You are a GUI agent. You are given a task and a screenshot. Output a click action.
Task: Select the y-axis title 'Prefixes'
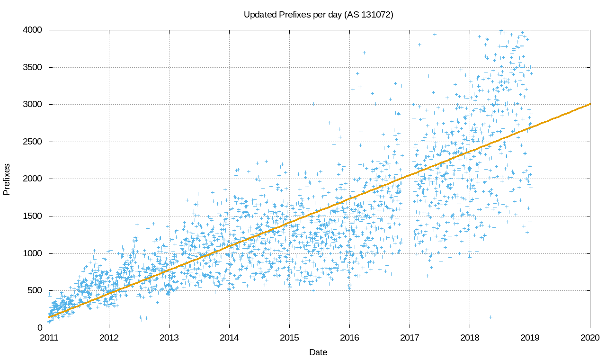pyautogui.click(x=7, y=179)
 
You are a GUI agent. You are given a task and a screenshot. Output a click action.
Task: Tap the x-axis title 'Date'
pyautogui.click(x=318, y=352)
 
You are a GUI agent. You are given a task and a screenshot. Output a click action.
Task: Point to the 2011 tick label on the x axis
pyautogui.click(x=49, y=338)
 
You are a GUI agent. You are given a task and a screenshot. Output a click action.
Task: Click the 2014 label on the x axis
pyautogui.click(x=229, y=338)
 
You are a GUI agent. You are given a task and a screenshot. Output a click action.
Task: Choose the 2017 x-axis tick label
pyautogui.click(x=410, y=338)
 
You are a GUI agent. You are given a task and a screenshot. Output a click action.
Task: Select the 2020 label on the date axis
pyautogui.click(x=590, y=338)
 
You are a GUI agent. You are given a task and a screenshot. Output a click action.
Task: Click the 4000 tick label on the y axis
pyautogui.click(x=33, y=30)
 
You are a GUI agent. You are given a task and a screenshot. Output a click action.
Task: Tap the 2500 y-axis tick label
pyautogui.click(x=33, y=142)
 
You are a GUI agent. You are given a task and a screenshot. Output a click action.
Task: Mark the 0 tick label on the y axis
pyautogui.click(x=40, y=328)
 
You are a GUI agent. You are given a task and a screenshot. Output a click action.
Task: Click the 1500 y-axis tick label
pyautogui.click(x=33, y=216)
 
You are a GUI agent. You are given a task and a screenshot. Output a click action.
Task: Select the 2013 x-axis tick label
pyautogui.click(x=169, y=338)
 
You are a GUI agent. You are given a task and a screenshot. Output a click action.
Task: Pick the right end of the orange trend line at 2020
pyautogui.click(x=589, y=104)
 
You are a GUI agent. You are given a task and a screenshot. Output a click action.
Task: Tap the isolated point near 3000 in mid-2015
pyautogui.click(x=313, y=104)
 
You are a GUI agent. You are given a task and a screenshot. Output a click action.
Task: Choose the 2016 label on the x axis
pyautogui.click(x=349, y=338)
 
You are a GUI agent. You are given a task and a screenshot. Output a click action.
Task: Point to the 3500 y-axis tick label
pyautogui.click(x=33, y=67)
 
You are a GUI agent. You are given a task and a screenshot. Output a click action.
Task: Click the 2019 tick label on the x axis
pyautogui.click(x=530, y=338)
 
